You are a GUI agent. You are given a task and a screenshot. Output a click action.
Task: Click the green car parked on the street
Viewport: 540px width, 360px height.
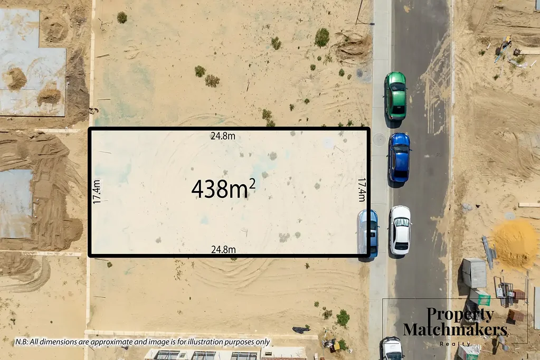[x=395, y=95]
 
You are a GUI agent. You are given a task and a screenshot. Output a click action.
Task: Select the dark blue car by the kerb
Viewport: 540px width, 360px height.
[x=399, y=157]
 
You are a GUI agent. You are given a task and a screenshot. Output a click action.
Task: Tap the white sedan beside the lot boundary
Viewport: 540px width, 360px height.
[x=400, y=230]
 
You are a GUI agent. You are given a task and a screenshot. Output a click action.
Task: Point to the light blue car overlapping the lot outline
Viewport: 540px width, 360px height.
[x=369, y=233]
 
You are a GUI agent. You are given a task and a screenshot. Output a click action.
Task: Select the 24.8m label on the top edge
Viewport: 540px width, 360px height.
[x=223, y=136]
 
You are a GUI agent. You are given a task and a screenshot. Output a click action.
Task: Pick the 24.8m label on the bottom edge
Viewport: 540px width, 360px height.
[x=223, y=249]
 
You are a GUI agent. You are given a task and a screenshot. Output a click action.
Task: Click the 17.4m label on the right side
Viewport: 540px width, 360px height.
[x=362, y=190]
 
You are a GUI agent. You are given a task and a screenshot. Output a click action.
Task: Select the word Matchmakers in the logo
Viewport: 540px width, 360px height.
[x=455, y=330]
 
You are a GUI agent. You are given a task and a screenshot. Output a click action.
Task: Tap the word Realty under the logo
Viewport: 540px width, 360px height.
[x=455, y=344]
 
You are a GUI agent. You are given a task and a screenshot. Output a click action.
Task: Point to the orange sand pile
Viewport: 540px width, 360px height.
[x=514, y=243]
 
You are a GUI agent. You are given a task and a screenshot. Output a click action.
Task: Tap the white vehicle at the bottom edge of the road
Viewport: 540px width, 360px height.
[x=392, y=349]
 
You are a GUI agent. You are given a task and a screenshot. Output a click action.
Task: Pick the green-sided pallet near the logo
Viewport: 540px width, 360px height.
[x=481, y=298]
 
